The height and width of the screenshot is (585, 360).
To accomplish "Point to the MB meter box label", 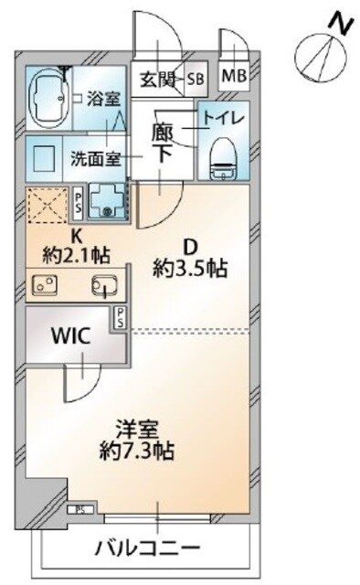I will click(233, 76).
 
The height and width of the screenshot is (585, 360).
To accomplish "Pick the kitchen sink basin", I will click(103, 286).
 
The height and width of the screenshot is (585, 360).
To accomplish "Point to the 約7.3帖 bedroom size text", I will click(138, 451).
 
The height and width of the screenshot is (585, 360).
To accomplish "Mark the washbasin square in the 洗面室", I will click(42, 154).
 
